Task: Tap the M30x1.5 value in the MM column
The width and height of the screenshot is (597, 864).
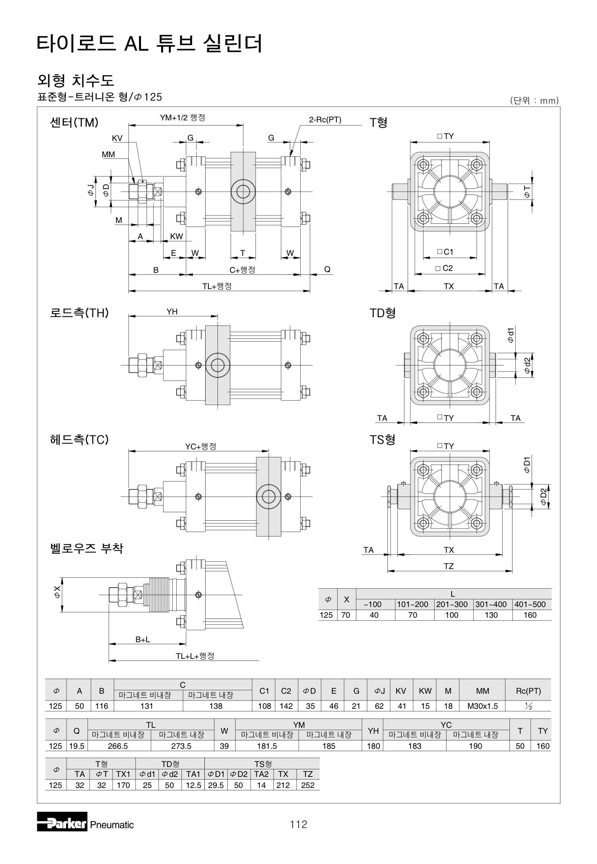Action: [483, 706]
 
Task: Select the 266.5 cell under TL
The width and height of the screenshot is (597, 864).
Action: [119, 746]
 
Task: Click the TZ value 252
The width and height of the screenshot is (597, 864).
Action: [308, 785]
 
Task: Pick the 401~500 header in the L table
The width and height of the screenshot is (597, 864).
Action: [530, 604]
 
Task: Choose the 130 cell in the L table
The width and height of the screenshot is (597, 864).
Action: [491, 615]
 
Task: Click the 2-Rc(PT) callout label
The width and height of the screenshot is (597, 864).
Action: [325, 120]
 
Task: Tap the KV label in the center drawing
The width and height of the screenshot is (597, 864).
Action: [117, 138]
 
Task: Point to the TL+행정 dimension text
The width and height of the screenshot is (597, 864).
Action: [217, 286]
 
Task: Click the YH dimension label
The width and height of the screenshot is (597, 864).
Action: [172, 312]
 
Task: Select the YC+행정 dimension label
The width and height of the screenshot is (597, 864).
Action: [201, 446]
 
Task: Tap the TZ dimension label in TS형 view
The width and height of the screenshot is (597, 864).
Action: [448, 566]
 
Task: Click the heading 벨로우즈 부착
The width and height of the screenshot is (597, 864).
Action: [87, 548]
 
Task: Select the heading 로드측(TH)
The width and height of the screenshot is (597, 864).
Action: [79, 313]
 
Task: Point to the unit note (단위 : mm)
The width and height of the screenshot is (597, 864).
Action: [534, 101]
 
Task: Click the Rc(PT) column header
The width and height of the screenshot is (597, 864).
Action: [528, 691]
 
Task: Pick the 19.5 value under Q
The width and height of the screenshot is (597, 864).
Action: [77, 746]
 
